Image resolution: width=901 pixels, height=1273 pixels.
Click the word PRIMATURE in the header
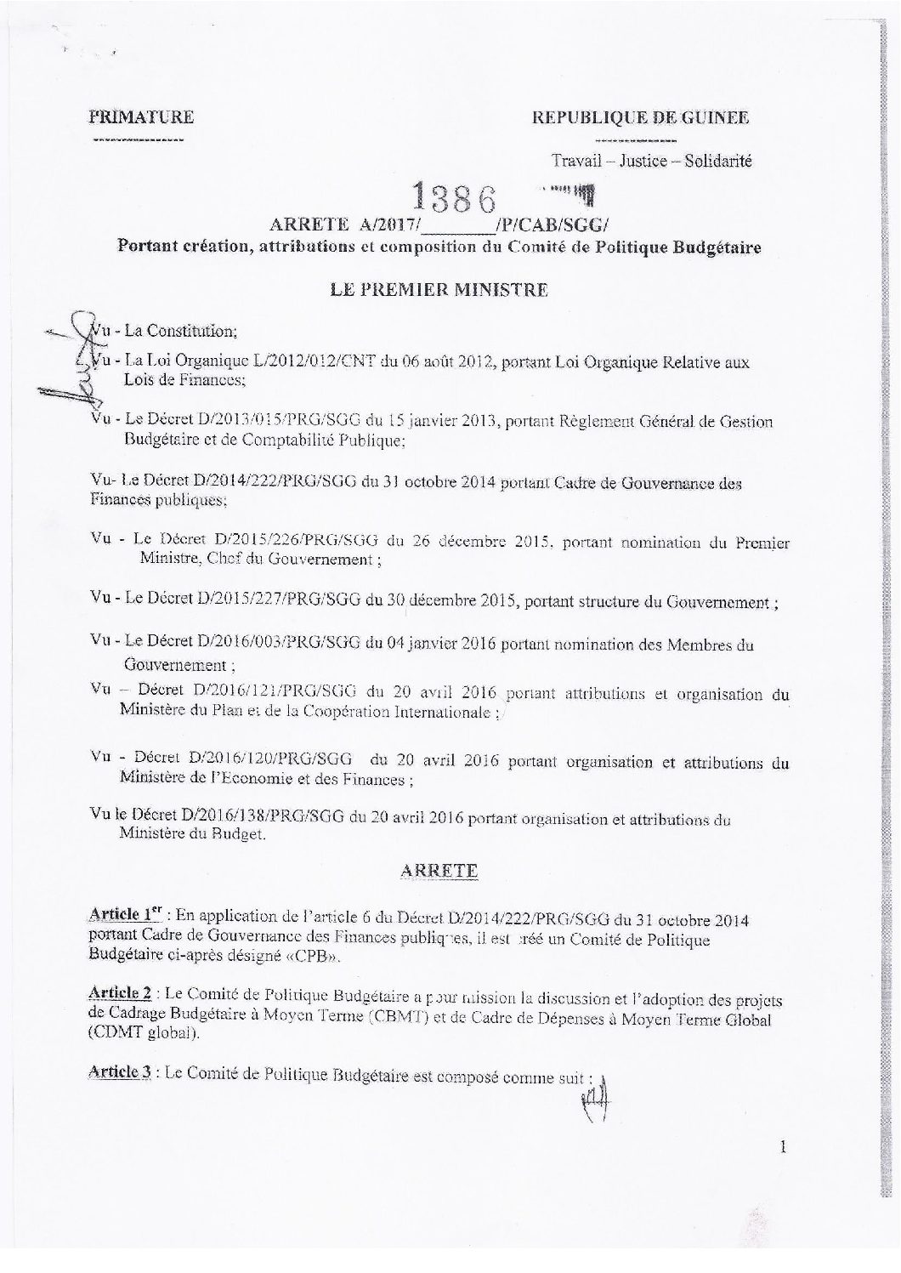tap(141, 117)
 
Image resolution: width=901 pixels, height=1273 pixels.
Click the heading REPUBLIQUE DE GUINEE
tap(640, 117)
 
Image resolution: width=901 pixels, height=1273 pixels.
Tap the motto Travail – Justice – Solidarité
tap(651, 160)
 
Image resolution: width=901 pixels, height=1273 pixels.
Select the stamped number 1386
tap(452, 196)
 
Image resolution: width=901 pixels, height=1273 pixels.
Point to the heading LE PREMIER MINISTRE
tap(439, 289)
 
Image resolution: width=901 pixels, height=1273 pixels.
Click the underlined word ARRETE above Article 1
tap(439, 871)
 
